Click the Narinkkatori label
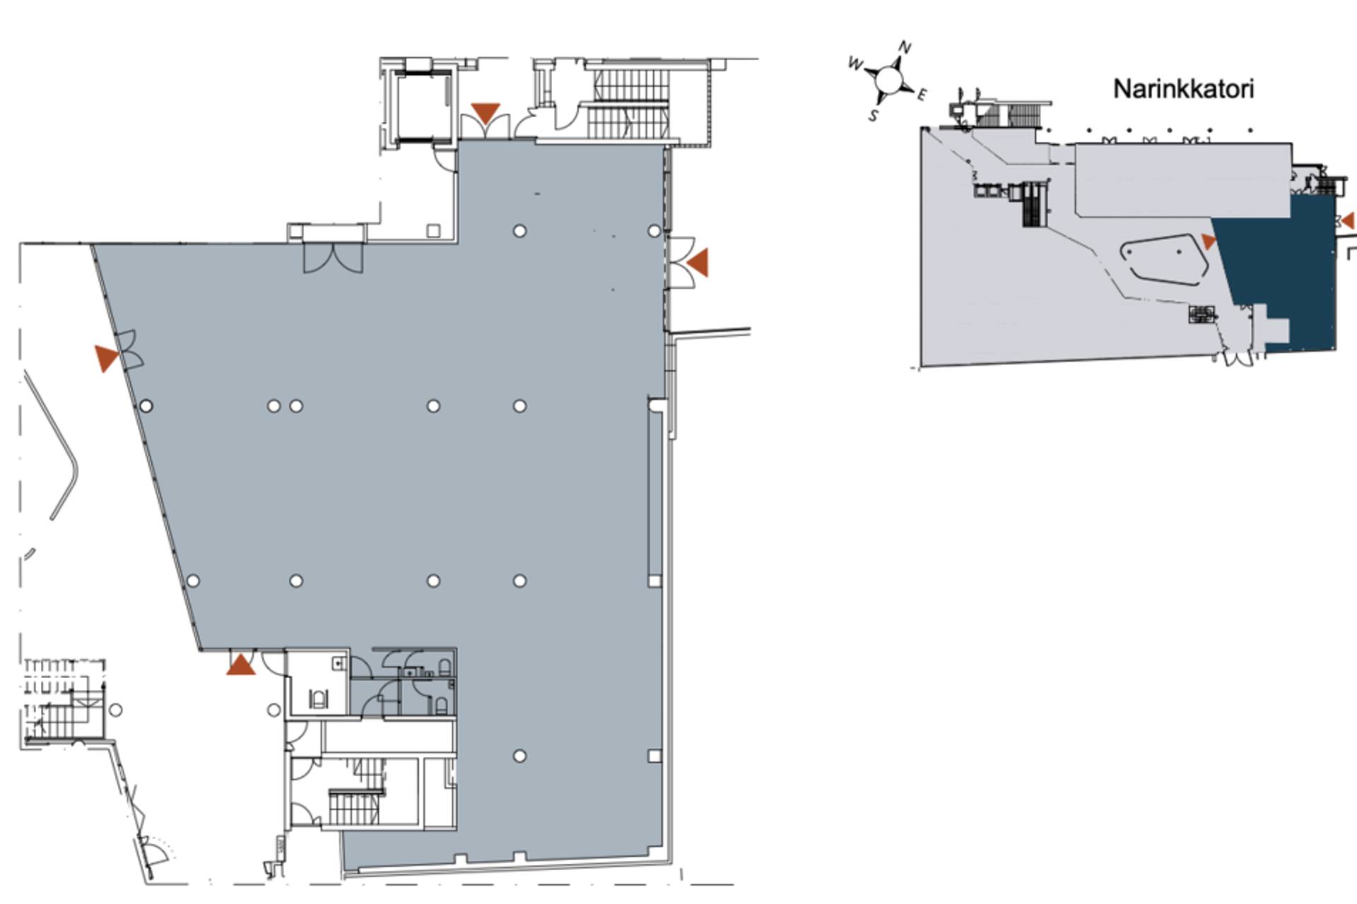[1183, 89]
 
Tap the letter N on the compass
[905, 47]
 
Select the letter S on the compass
[874, 115]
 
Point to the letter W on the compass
[855, 64]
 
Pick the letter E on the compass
[922, 95]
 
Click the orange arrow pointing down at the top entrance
[486, 113]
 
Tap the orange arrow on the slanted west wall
[107, 358]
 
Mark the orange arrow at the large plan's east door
[698, 262]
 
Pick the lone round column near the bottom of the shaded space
[519, 756]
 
